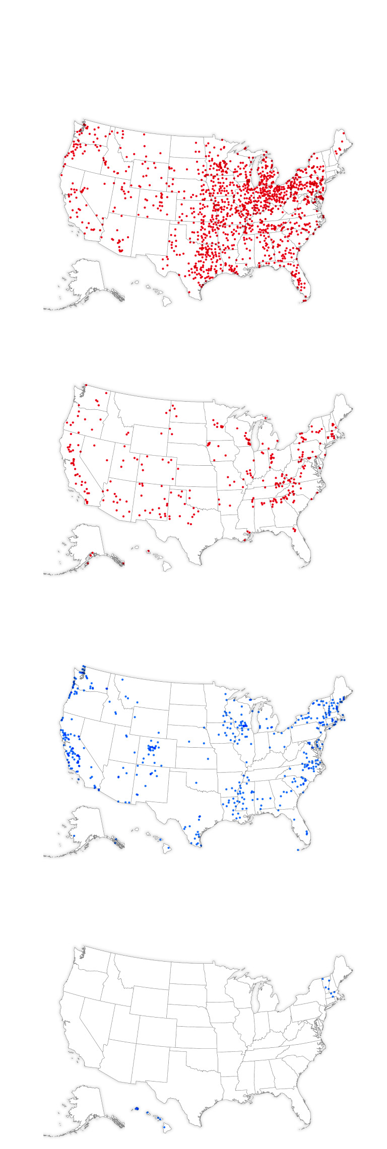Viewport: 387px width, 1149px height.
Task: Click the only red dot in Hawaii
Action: click(x=148, y=551)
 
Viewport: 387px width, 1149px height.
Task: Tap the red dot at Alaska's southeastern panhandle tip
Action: click(x=123, y=563)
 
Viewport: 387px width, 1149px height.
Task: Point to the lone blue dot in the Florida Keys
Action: click(x=298, y=849)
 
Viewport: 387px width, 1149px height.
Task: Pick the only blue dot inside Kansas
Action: click(x=208, y=758)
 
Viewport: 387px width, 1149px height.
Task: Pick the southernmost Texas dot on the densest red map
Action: click(x=189, y=292)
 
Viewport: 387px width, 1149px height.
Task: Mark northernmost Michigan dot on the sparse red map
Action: click(x=266, y=417)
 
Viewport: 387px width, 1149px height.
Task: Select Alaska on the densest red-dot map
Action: click(x=86, y=277)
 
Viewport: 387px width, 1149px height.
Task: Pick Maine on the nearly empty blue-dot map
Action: click(x=343, y=969)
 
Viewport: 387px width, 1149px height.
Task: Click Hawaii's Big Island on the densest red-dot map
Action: click(x=167, y=300)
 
